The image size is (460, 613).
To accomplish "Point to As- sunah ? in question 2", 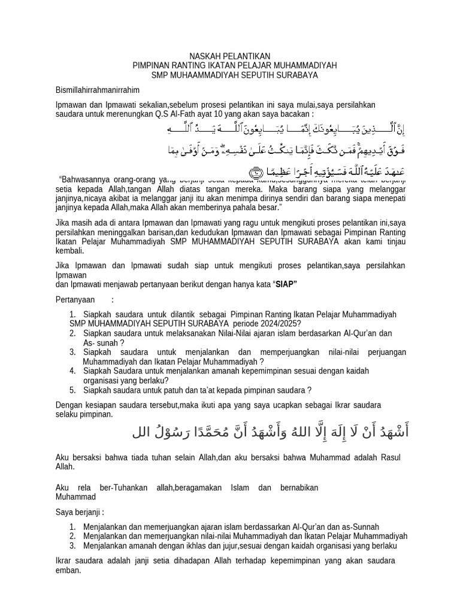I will coord(104,342).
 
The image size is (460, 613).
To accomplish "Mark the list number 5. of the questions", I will coord(72,390).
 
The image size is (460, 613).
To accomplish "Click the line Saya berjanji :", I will coord(80,512).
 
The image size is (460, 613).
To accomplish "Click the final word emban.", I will coord(67,570).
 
